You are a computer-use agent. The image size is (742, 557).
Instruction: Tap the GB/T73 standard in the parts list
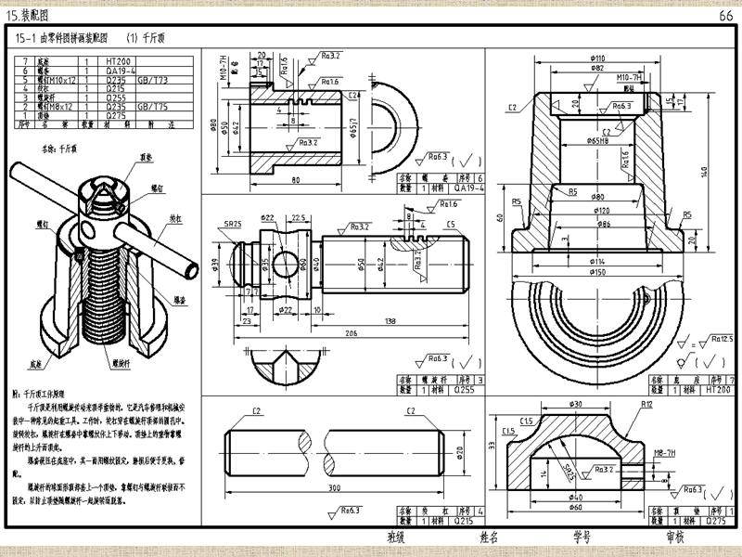tap(154, 78)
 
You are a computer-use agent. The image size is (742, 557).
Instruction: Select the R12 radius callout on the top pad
tap(646, 406)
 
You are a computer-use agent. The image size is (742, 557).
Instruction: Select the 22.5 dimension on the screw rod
tap(299, 218)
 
